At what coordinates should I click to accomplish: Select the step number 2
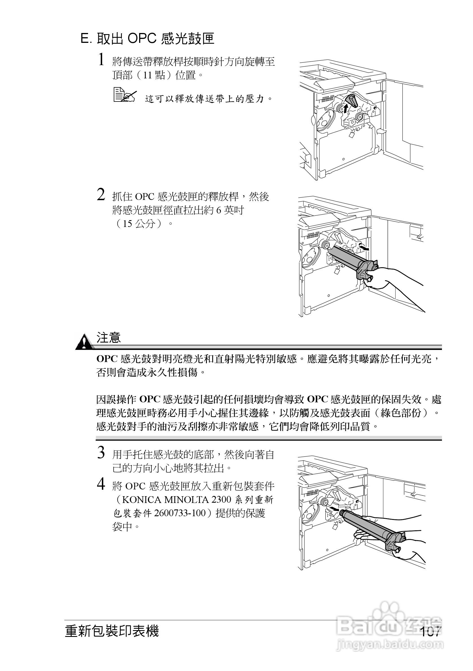[101, 194]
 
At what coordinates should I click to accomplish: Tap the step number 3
[101, 453]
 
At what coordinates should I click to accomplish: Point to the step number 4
[101, 484]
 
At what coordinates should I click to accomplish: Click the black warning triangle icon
[84, 342]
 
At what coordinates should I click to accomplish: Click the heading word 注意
[109, 338]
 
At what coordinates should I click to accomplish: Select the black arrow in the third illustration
[334, 509]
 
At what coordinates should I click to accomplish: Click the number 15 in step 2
[128, 224]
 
